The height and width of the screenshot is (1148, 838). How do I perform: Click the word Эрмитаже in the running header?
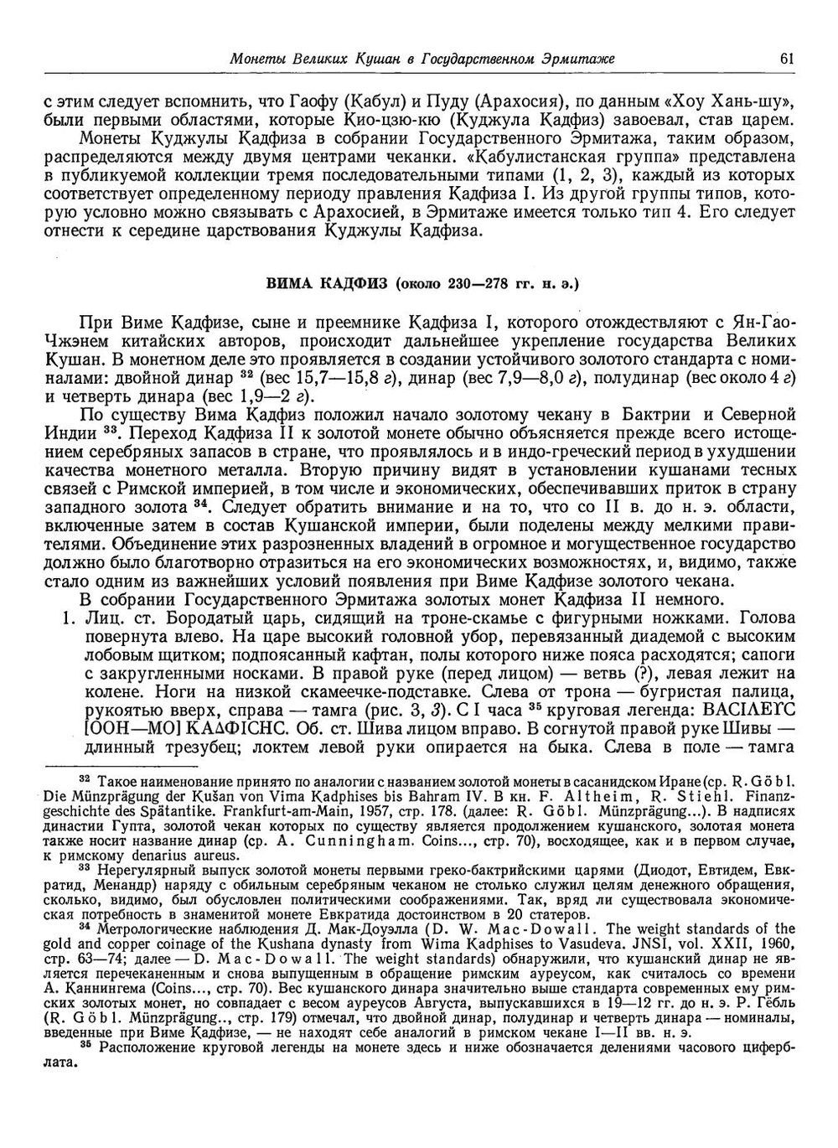(x=578, y=59)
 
